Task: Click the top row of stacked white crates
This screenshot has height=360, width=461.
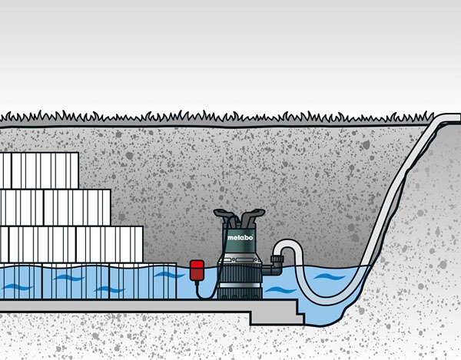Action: point(38,170)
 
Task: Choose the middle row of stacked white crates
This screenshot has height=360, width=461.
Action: point(54,207)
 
